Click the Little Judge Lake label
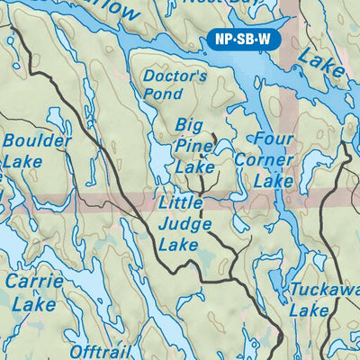click(x=184, y=223)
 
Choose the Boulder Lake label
click(x=33, y=151)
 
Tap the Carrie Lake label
click(x=34, y=292)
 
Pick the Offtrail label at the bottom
click(x=101, y=352)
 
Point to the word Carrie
click(x=34, y=282)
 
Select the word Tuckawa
click(x=326, y=290)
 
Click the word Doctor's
click(x=175, y=76)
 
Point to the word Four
click(x=274, y=140)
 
